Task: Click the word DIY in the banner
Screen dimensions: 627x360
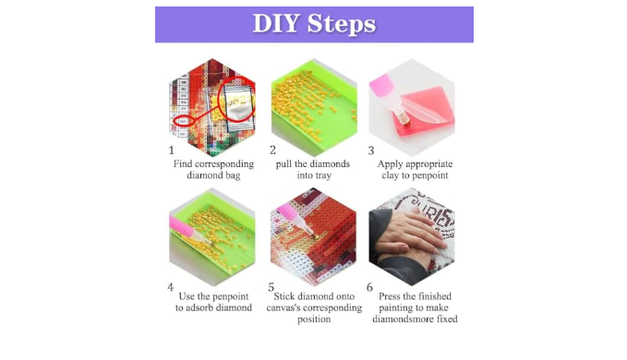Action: [x=276, y=23]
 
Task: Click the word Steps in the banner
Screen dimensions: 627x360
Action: [x=342, y=24]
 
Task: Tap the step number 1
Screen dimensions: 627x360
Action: [x=172, y=150]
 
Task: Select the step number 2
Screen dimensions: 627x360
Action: [x=272, y=150]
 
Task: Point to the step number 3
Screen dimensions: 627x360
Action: [x=371, y=150]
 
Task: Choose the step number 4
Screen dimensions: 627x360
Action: [x=171, y=287]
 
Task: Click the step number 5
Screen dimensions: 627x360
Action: [x=271, y=287]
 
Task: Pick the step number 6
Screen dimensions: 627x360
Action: [x=369, y=287]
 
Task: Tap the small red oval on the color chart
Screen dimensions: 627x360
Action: [x=184, y=121]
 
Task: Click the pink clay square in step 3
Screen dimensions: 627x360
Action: [x=427, y=110]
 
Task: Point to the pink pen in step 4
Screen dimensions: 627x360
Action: [x=188, y=230]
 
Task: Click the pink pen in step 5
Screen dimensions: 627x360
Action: [x=295, y=221]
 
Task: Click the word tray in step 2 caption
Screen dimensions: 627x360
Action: [x=322, y=175]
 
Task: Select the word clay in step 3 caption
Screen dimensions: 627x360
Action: [x=391, y=175]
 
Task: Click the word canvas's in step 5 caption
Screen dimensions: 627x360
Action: [x=283, y=307]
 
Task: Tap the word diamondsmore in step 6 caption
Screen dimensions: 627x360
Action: [x=401, y=318]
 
